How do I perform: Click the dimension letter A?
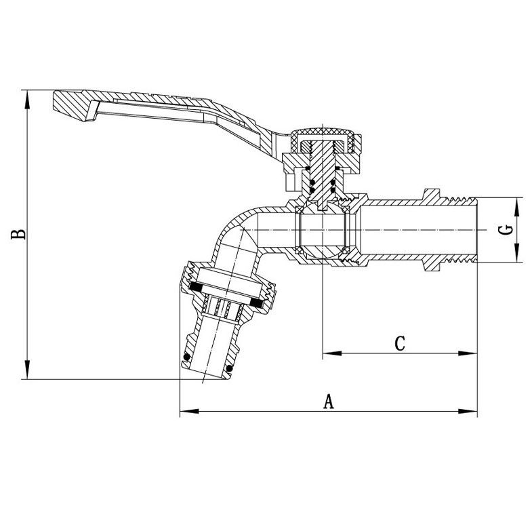pos(329,402)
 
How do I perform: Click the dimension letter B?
pos(18,234)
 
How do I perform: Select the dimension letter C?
pos(400,343)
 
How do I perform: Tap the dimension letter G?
pos(506,230)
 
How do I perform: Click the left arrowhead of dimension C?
pos(332,353)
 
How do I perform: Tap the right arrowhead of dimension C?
pos(468,353)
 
